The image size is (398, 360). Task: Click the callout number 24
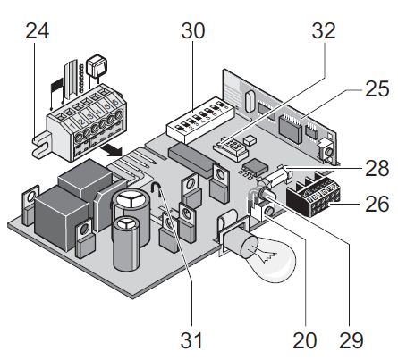pos(37,31)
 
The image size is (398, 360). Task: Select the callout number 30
pos(193,31)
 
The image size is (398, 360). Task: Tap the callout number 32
pos(324,31)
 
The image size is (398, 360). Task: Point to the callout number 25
pos(377,88)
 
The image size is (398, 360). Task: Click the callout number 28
pos(377,168)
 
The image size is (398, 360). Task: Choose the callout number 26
pos(377,204)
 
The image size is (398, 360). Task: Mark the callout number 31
pos(191,340)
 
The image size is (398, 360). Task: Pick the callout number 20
pos(305,340)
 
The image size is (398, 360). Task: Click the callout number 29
pos(351,340)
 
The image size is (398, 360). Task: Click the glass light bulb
pos(268,256)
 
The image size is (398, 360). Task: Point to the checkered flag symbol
pos(57,85)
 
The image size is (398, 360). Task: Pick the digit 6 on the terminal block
pos(115,102)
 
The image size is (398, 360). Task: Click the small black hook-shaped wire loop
pos(157,189)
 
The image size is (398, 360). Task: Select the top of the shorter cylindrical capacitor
pos(127,224)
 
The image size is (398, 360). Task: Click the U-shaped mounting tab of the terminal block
pos(40,147)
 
